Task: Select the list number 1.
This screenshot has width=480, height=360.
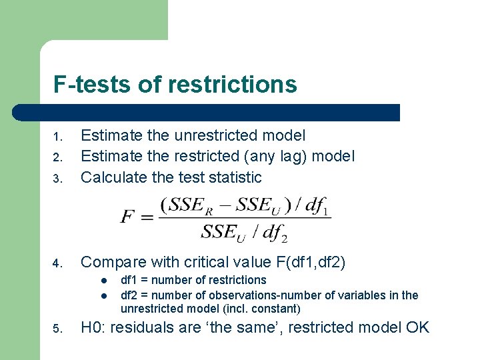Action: click(x=58, y=137)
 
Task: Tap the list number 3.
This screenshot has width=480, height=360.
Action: click(x=58, y=179)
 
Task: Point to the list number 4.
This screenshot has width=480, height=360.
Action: click(x=58, y=263)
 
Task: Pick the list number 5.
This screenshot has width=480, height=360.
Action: click(x=58, y=329)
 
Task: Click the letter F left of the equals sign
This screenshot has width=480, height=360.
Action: click(x=127, y=217)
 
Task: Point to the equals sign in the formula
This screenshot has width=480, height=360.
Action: click(x=147, y=217)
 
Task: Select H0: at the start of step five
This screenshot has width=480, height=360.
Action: click(x=93, y=327)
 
